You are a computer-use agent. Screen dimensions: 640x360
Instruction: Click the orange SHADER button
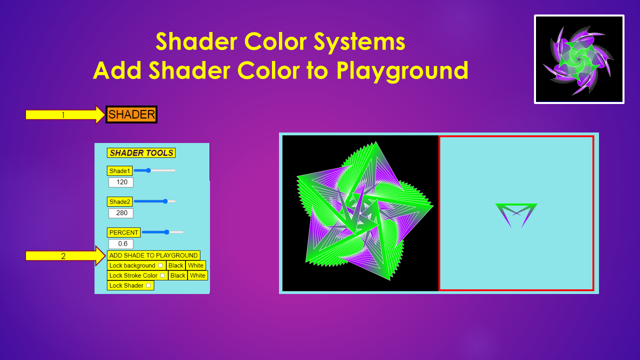tap(131, 114)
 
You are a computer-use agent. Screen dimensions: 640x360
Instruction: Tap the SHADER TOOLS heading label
tap(141, 153)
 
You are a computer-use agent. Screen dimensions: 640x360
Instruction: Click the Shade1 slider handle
tap(148, 170)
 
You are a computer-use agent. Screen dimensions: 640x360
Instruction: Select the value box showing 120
tap(121, 182)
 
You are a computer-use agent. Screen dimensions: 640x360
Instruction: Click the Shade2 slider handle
tap(165, 201)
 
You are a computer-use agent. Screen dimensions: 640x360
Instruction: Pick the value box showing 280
tap(121, 213)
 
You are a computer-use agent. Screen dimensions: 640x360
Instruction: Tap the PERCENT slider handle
tap(166, 232)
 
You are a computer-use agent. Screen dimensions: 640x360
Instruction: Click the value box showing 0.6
tap(121, 244)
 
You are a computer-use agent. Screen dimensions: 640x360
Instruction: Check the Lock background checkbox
tap(160, 265)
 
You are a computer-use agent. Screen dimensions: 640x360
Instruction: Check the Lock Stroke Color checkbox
tap(162, 275)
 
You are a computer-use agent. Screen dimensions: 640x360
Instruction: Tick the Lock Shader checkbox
tap(148, 285)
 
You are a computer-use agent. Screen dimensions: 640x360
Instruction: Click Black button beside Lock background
tap(175, 265)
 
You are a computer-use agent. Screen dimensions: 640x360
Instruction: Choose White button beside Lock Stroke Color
tap(197, 275)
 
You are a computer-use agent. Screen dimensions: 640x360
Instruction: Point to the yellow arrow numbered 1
tap(65, 115)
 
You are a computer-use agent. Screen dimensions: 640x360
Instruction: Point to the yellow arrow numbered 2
tap(65, 255)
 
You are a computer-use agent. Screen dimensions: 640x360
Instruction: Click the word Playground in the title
tap(402, 71)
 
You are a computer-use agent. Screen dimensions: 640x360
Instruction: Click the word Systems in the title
tap(359, 41)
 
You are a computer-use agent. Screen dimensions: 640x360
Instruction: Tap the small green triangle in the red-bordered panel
tap(516, 215)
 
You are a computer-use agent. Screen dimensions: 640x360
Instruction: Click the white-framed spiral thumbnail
tap(579, 59)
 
